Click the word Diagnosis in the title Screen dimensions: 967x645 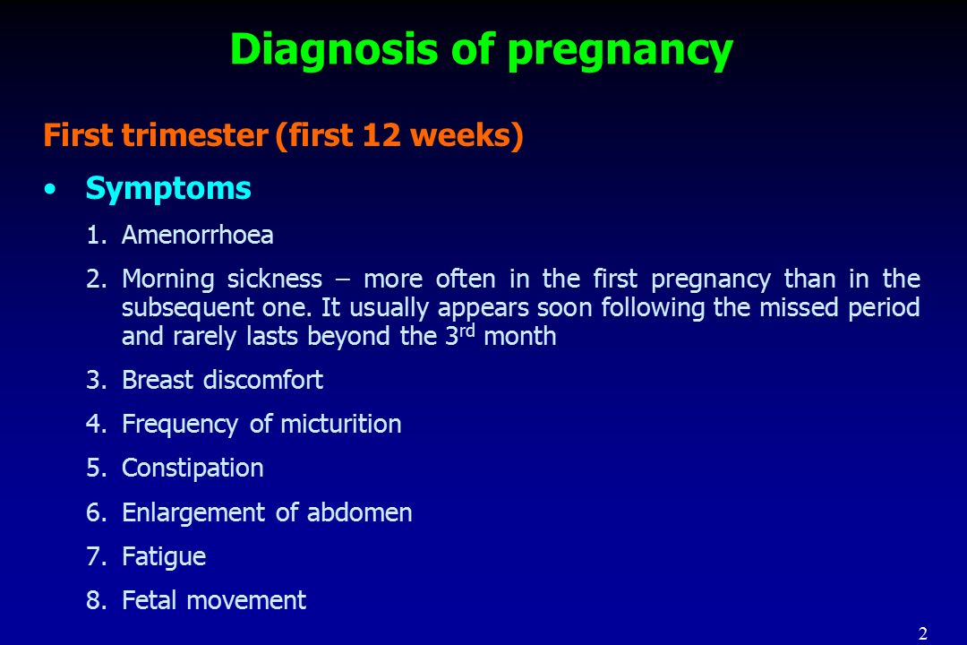(x=334, y=48)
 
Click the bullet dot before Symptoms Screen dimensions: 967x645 (x=50, y=190)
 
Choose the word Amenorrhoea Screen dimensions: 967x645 (x=197, y=235)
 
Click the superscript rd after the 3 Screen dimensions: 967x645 (x=467, y=331)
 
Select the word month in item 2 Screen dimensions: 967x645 (x=520, y=337)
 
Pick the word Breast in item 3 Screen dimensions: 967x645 (x=158, y=380)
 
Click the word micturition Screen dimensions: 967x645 (x=341, y=424)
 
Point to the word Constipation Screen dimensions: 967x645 (x=193, y=469)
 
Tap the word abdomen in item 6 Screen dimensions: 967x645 (x=360, y=512)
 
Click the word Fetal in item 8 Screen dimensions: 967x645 (x=150, y=600)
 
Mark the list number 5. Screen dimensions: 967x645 (x=96, y=468)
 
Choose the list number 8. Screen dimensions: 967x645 (x=96, y=600)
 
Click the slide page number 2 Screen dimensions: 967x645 (x=922, y=633)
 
